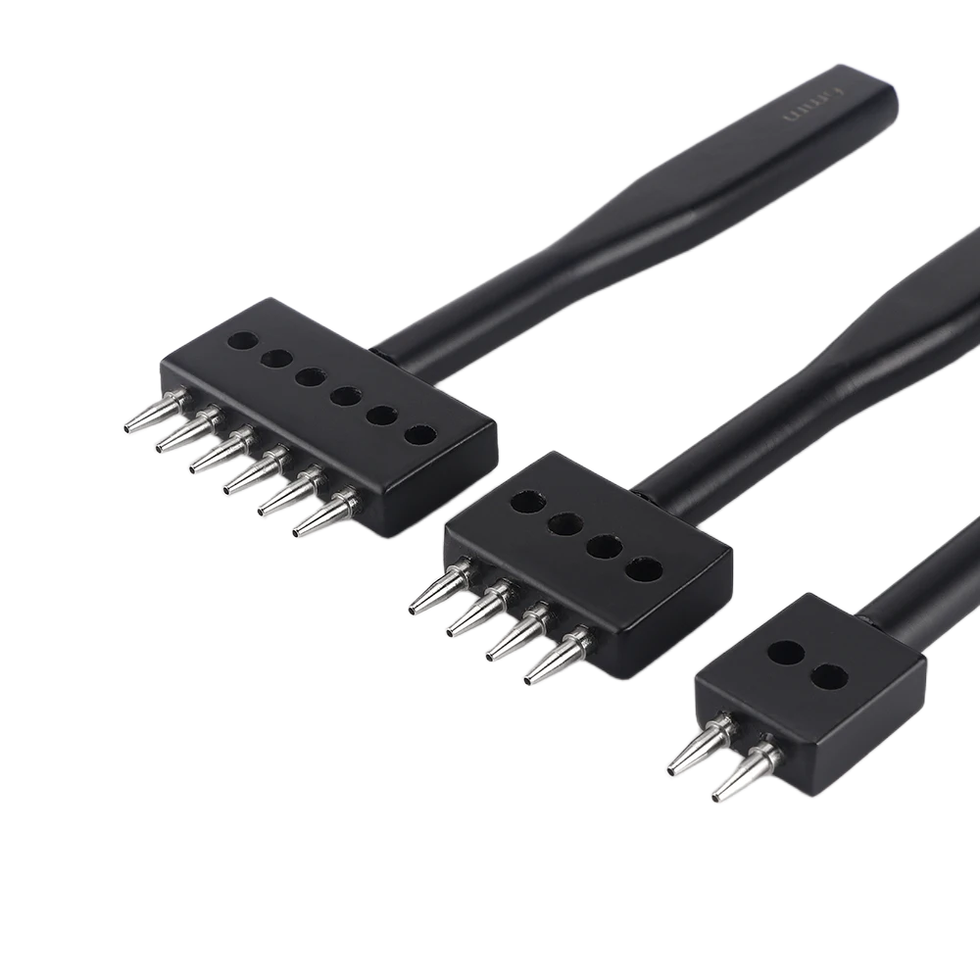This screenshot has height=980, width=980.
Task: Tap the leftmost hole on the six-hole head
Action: (x=242, y=341)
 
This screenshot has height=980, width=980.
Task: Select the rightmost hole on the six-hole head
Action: (x=419, y=434)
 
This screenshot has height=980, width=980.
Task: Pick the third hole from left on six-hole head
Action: (x=313, y=377)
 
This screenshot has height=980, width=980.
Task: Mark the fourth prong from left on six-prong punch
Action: (x=258, y=473)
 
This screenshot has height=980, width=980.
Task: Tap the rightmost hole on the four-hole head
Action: (x=643, y=569)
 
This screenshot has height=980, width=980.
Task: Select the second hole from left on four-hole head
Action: (x=565, y=525)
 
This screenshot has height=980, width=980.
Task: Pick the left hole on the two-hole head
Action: (x=786, y=653)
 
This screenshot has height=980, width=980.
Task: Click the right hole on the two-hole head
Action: (x=830, y=675)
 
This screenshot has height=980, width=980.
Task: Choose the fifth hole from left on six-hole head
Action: (x=383, y=415)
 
